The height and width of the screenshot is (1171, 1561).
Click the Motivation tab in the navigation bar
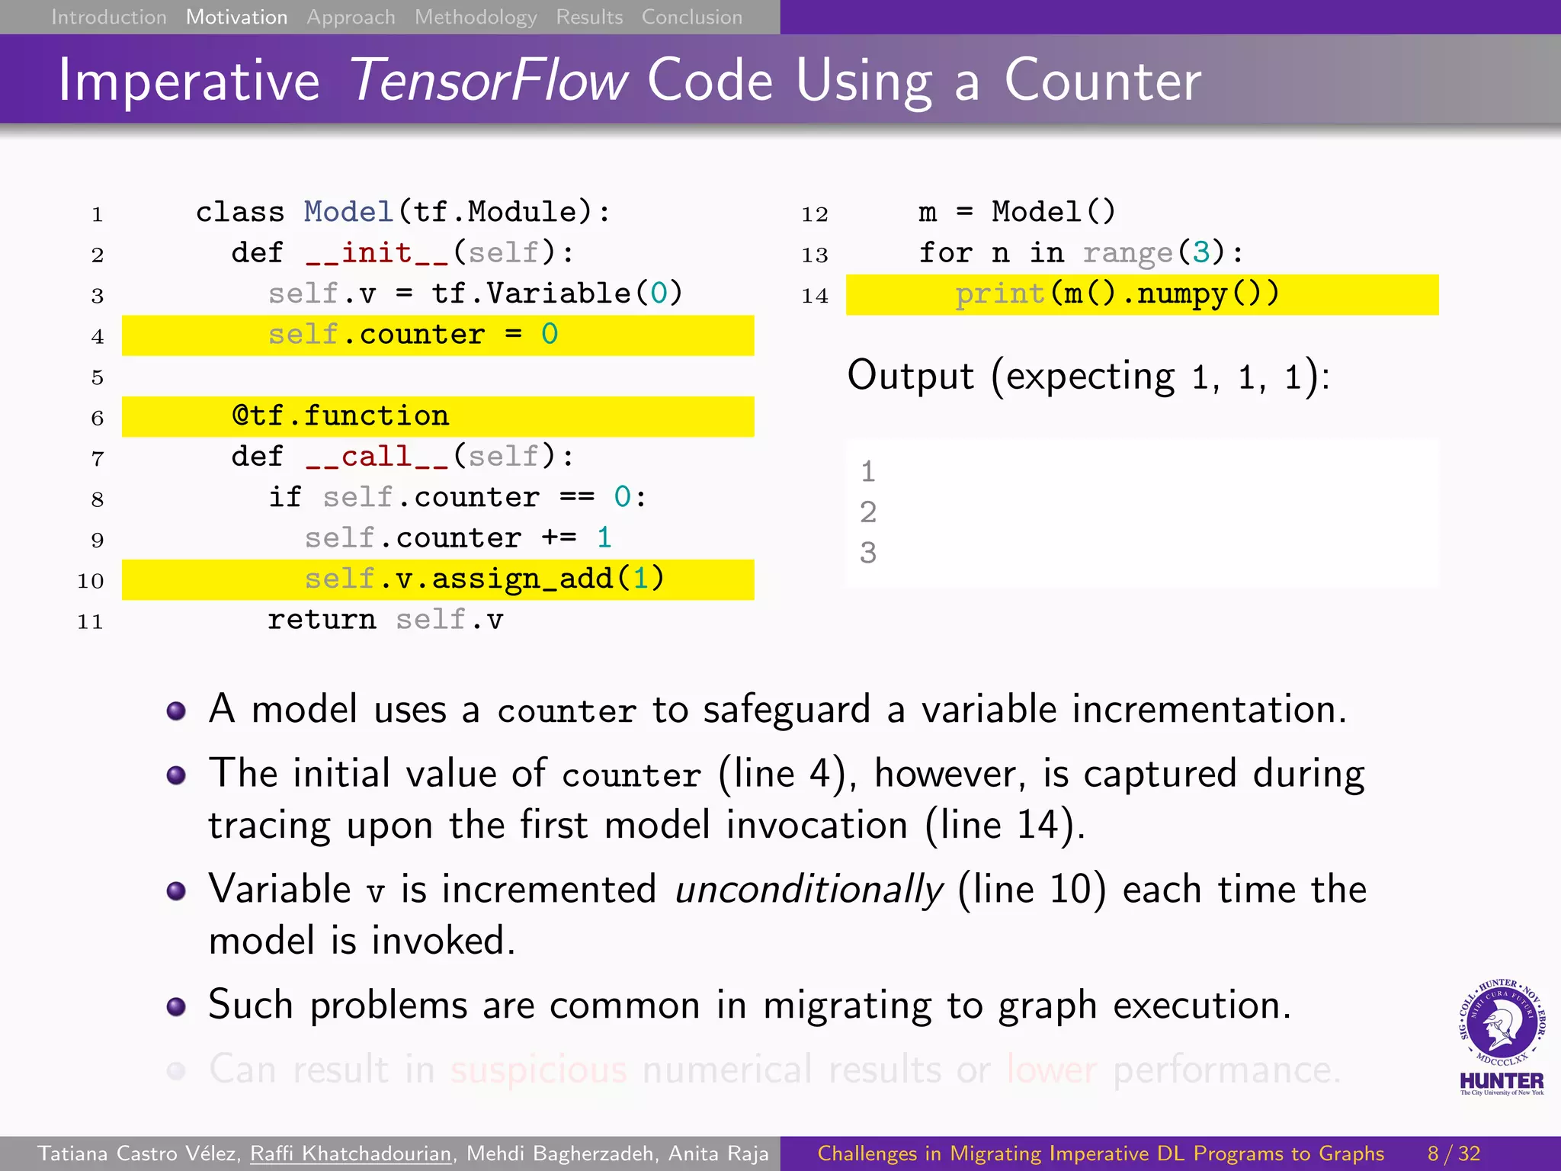pyautogui.click(x=236, y=17)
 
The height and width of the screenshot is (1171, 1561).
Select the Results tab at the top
pyautogui.click(x=589, y=17)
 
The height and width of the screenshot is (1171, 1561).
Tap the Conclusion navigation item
pyautogui.click(x=691, y=17)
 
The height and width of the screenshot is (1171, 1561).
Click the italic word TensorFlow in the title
pyautogui.click(x=489, y=80)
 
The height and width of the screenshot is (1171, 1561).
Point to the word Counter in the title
pyautogui.click(x=1102, y=80)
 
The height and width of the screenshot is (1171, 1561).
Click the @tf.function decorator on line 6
pyautogui.click(x=341, y=416)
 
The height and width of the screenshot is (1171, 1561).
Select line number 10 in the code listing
pyautogui.click(x=90, y=581)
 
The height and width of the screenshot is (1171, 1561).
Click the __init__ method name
pyautogui.click(x=377, y=252)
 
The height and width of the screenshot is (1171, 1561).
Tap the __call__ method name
pyautogui.click(x=377, y=457)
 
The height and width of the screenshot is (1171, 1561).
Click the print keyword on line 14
pyautogui.click(x=999, y=294)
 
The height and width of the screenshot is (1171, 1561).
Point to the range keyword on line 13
pyautogui.click(x=1127, y=252)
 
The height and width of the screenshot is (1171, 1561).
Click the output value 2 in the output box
pyautogui.click(x=868, y=512)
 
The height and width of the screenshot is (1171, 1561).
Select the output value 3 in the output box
pyautogui.click(x=868, y=553)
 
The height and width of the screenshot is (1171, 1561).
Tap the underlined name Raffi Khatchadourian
pyautogui.click(x=351, y=1153)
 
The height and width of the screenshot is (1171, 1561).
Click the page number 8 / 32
pyautogui.click(x=1454, y=1153)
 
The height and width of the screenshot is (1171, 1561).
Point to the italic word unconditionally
pyautogui.click(x=809, y=890)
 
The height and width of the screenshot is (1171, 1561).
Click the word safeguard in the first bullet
pyautogui.click(x=786, y=710)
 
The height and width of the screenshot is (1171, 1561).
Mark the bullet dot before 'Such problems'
pyautogui.click(x=176, y=1006)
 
